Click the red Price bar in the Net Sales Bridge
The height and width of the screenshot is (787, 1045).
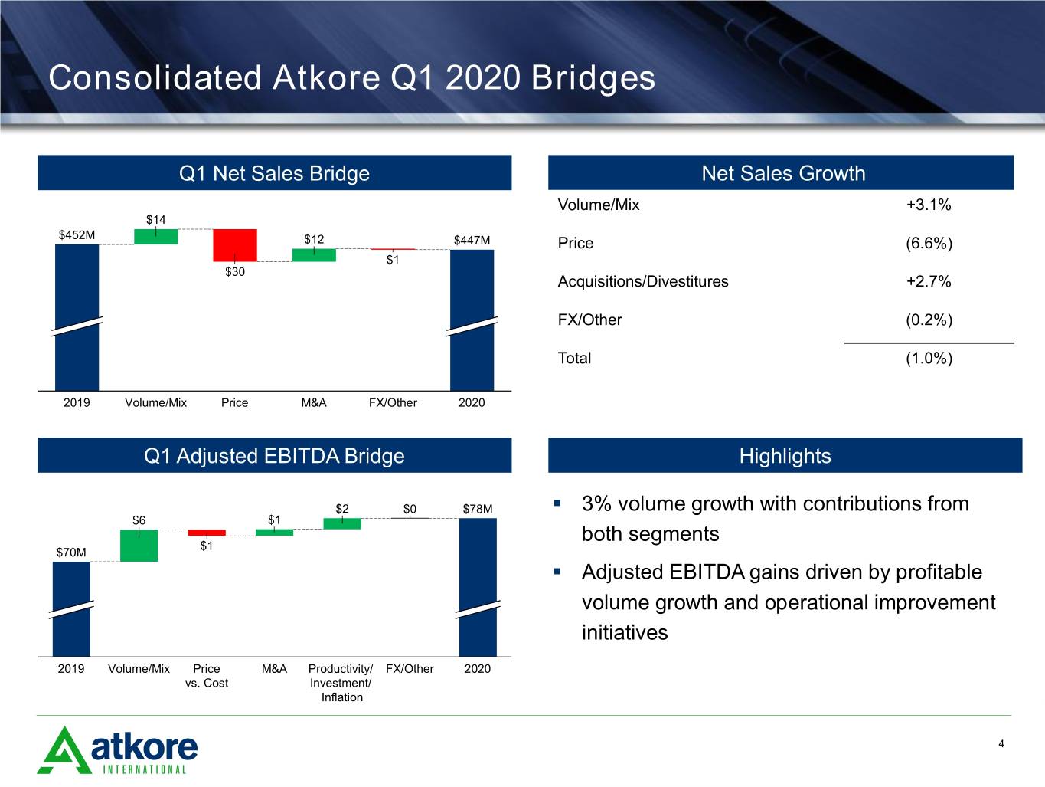(x=235, y=245)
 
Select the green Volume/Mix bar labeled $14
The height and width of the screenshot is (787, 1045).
(x=155, y=237)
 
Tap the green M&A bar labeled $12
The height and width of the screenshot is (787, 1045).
(x=314, y=255)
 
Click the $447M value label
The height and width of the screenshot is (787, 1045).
(x=472, y=240)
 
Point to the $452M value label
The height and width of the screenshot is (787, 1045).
(x=77, y=234)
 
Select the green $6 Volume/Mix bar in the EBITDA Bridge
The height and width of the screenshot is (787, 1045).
(x=139, y=546)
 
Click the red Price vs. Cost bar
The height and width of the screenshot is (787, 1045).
(x=207, y=533)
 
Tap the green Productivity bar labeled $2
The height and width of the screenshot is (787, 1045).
(x=342, y=523)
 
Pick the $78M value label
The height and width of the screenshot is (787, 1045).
(x=478, y=509)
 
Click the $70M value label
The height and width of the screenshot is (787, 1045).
(x=71, y=553)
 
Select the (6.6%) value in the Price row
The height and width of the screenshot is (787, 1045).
(x=929, y=243)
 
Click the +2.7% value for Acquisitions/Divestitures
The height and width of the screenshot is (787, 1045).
(x=929, y=281)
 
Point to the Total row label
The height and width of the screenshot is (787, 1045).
(x=575, y=358)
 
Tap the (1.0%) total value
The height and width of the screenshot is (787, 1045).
(x=929, y=358)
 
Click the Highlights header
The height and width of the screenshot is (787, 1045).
(x=785, y=455)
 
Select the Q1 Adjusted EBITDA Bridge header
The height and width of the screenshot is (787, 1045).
(x=274, y=455)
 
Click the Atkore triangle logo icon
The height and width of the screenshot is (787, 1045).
(x=64, y=750)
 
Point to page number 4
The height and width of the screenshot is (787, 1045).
(x=1001, y=743)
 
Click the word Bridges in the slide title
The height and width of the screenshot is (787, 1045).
(x=593, y=78)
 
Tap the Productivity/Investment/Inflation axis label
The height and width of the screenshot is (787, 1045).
(x=341, y=683)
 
